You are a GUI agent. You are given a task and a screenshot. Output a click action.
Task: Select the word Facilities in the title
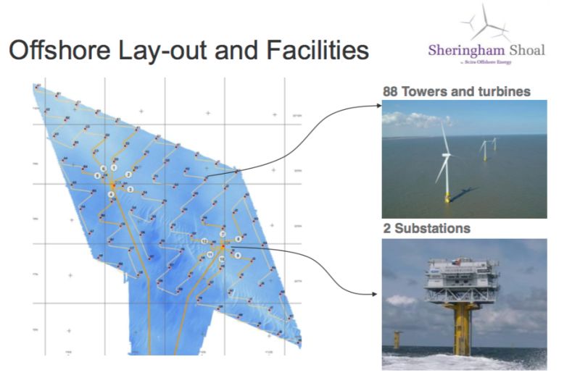click(x=319, y=51)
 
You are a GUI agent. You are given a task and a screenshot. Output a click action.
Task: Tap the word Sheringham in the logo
click(x=464, y=51)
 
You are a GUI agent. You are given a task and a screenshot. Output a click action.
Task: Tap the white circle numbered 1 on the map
click(x=114, y=168)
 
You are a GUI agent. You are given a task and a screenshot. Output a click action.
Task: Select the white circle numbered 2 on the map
click(x=128, y=174)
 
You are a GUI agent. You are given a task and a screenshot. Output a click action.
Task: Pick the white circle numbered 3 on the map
click(x=130, y=189)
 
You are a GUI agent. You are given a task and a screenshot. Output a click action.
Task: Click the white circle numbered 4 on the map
click(x=111, y=195)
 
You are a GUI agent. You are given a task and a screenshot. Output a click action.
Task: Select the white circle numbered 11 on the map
click(x=210, y=256)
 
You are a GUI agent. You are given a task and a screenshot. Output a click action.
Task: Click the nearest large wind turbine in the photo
click(x=445, y=159)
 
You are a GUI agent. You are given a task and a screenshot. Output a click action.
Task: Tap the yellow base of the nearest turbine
click(x=447, y=195)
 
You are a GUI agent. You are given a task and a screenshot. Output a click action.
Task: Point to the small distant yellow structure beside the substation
click(x=397, y=338)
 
